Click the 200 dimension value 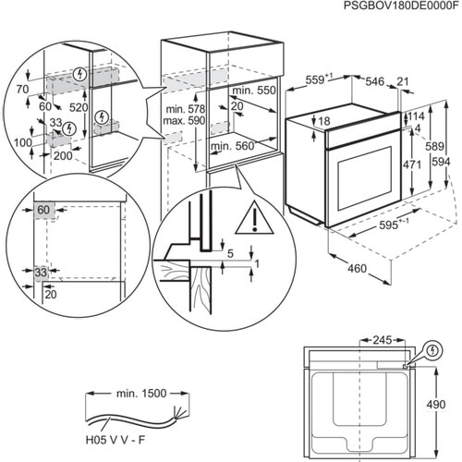63,157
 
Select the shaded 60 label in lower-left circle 43,211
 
